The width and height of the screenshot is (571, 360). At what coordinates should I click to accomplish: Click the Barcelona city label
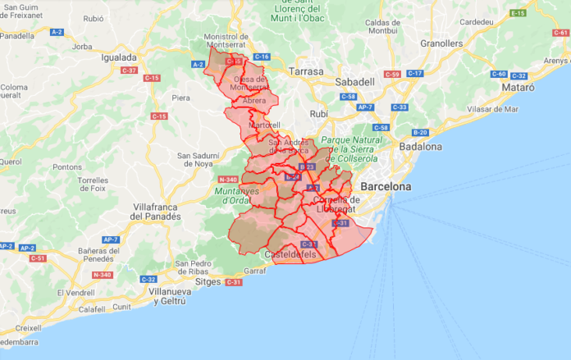[386, 187]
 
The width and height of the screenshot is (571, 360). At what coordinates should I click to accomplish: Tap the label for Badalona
[421, 147]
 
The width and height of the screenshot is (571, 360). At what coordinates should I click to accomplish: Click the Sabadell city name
[354, 82]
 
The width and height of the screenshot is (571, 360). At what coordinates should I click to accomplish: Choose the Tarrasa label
[295, 71]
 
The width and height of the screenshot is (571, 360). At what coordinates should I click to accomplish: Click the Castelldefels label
[290, 255]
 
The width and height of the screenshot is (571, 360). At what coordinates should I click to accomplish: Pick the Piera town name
[180, 98]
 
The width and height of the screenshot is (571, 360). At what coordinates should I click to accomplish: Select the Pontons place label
[66, 166]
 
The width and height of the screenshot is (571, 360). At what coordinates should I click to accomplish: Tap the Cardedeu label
[477, 22]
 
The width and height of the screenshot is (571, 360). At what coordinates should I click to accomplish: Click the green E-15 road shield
[518, 13]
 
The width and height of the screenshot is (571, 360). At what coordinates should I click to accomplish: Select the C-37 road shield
[129, 71]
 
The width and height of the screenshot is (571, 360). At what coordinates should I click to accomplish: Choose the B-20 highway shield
[420, 132]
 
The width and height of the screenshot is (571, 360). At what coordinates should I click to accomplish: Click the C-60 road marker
[499, 74]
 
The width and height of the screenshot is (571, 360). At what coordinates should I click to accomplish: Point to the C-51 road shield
[37, 258]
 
